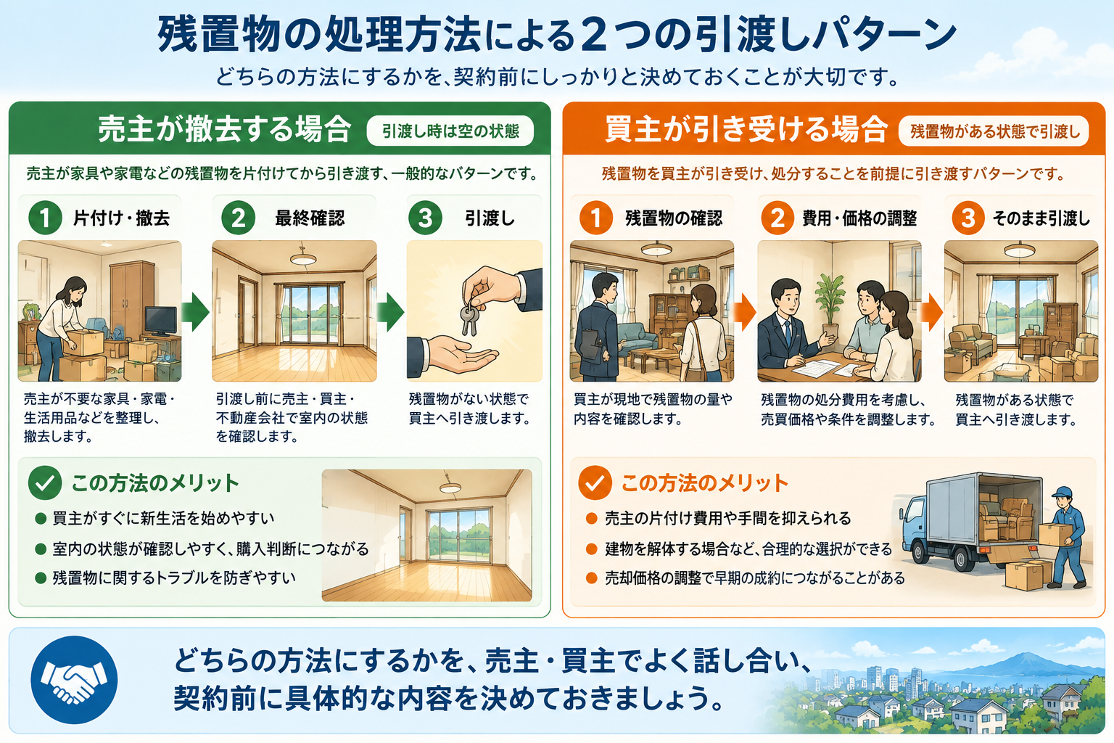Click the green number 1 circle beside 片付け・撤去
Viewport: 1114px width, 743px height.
pyautogui.click(x=45, y=218)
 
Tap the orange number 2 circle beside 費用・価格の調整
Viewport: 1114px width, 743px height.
pyautogui.click(x=777, y=218)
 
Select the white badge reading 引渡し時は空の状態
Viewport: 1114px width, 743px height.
pyautogui.click(x=450, y=131)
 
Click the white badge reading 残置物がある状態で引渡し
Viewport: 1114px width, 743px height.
pyautogui.click(x=994, y=131)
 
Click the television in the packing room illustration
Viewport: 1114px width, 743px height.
pyautogui.click(x=160, y=321)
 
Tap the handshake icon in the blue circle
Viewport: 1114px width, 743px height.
pyautogui.click(x=73, y=680)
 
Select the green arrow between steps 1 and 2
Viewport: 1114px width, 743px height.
pyautogui.click(x=195, y=312)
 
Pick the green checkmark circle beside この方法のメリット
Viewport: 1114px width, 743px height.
pyautogui.click(x=45, y=483)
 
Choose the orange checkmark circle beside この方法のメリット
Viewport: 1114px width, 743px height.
pyautogui.click(x=595, y=483)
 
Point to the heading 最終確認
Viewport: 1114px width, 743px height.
pyautogui.click(x=310, y=218)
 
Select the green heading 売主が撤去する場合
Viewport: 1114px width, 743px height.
pyautogui.click(x=225, y=129)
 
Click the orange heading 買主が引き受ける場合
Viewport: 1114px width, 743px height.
pyautogui.click(x=746, y=129)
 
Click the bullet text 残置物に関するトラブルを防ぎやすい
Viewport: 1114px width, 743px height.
pyautogui.click(x=174, y=578)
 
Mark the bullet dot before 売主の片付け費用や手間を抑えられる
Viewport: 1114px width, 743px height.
pyautogui.click(x=591, y=519)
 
